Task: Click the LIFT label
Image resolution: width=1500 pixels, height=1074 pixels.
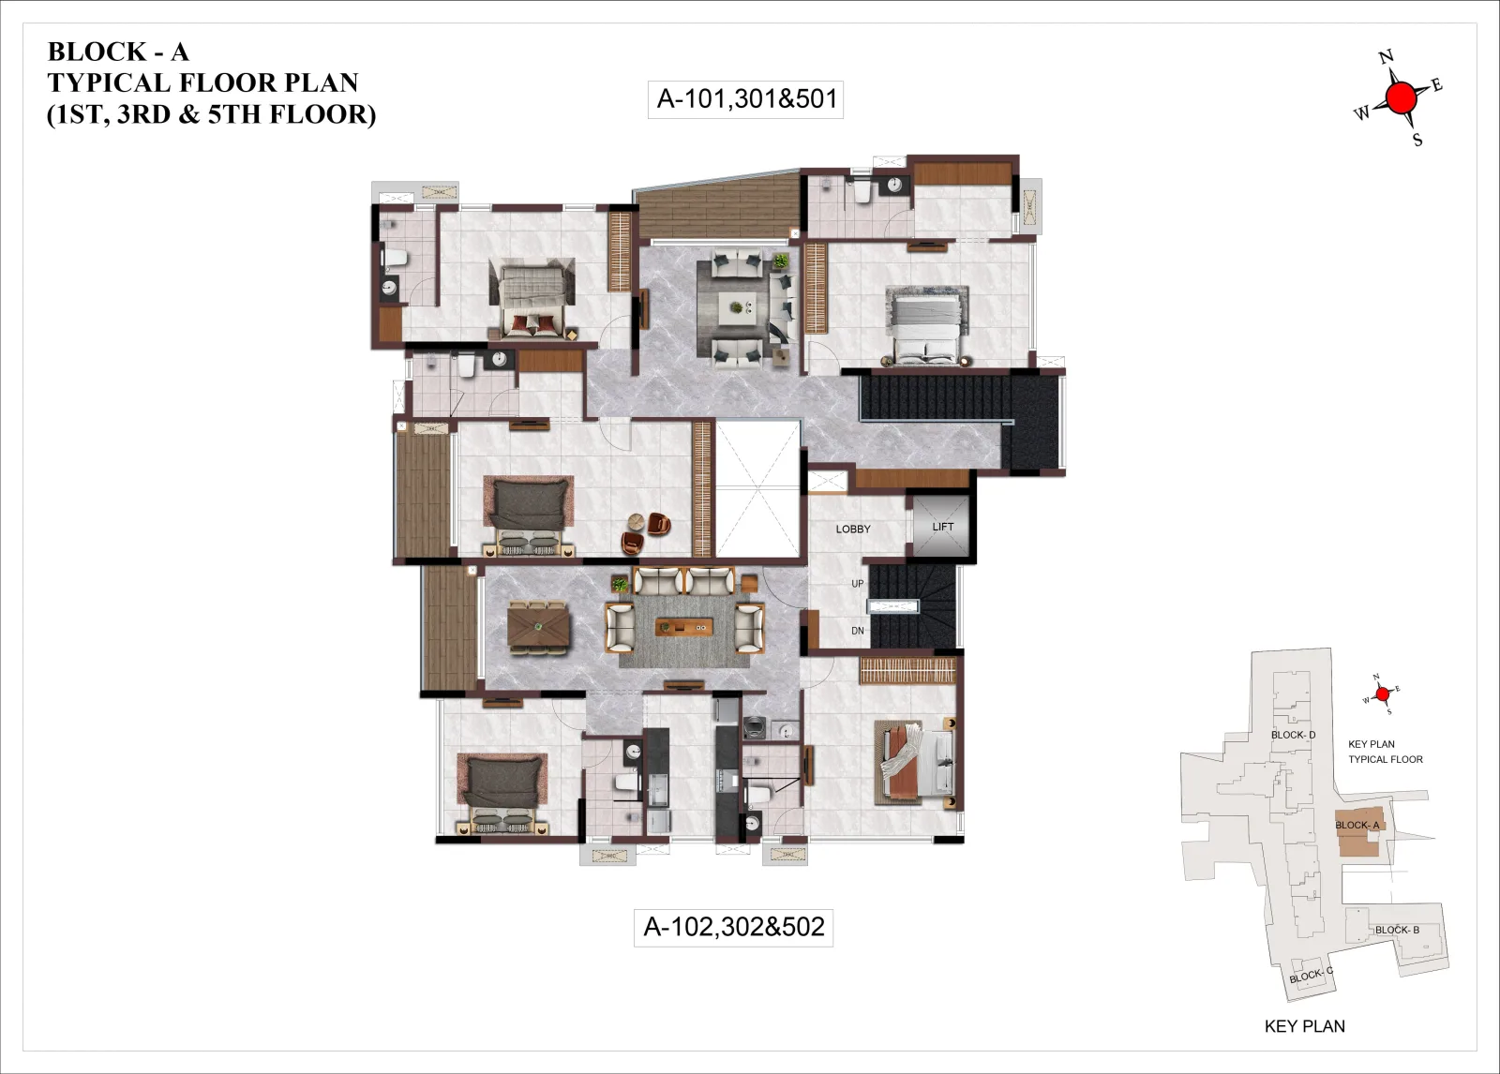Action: pos(942,527)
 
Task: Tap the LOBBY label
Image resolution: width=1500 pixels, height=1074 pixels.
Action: pos(853,529)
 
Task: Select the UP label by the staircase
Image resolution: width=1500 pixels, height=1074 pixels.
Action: pos(857,584)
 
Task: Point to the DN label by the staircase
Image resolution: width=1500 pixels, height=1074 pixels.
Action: pos(857,631)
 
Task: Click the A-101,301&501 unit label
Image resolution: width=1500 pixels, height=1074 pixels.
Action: pos(746,99)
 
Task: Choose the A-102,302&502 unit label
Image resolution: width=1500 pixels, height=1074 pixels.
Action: pos(734,927)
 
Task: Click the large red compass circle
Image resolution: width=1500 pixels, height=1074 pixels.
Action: pos(1401,99)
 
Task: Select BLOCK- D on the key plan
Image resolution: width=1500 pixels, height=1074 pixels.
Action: pos(1293,735)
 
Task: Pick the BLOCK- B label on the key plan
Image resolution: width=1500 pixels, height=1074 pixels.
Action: pos(1397,930)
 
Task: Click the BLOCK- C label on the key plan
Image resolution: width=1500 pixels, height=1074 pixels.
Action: pos(1312,976)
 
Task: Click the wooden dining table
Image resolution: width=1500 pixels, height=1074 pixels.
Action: pos(538,627)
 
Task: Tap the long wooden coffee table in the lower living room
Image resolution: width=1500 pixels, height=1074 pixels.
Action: pos(683,627)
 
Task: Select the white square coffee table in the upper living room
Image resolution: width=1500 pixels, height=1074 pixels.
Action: pos(737,308)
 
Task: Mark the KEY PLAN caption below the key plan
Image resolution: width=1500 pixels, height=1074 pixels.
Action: pos(1304,1026)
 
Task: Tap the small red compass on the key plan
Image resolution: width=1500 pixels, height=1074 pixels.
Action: pos(1382,694)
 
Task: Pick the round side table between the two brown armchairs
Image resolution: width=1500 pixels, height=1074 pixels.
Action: pos(636,521)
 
